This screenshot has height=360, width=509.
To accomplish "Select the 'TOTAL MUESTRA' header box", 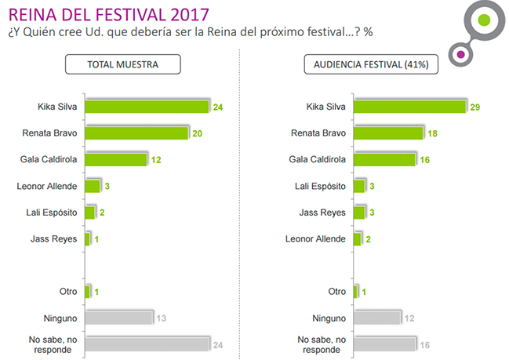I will point(122,64).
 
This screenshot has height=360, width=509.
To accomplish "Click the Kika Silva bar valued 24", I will point(146,106).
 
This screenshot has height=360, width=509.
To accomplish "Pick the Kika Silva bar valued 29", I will point(409,106).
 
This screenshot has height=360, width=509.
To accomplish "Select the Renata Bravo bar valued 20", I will point(136,133).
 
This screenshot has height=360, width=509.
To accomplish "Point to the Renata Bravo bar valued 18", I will point(388,133).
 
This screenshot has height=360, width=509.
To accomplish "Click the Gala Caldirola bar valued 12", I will point(115,159).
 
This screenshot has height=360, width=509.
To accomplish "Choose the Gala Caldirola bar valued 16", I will point(384,159).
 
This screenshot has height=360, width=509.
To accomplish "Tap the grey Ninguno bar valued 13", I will point(118,317).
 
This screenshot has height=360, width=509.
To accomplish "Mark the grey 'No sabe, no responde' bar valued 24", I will point(146,344).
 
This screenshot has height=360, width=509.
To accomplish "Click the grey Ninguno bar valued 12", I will point(377,317).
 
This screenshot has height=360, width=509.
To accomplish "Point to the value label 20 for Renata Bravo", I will point(198,133).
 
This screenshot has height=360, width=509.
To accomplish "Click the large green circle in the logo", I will point(485,19).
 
